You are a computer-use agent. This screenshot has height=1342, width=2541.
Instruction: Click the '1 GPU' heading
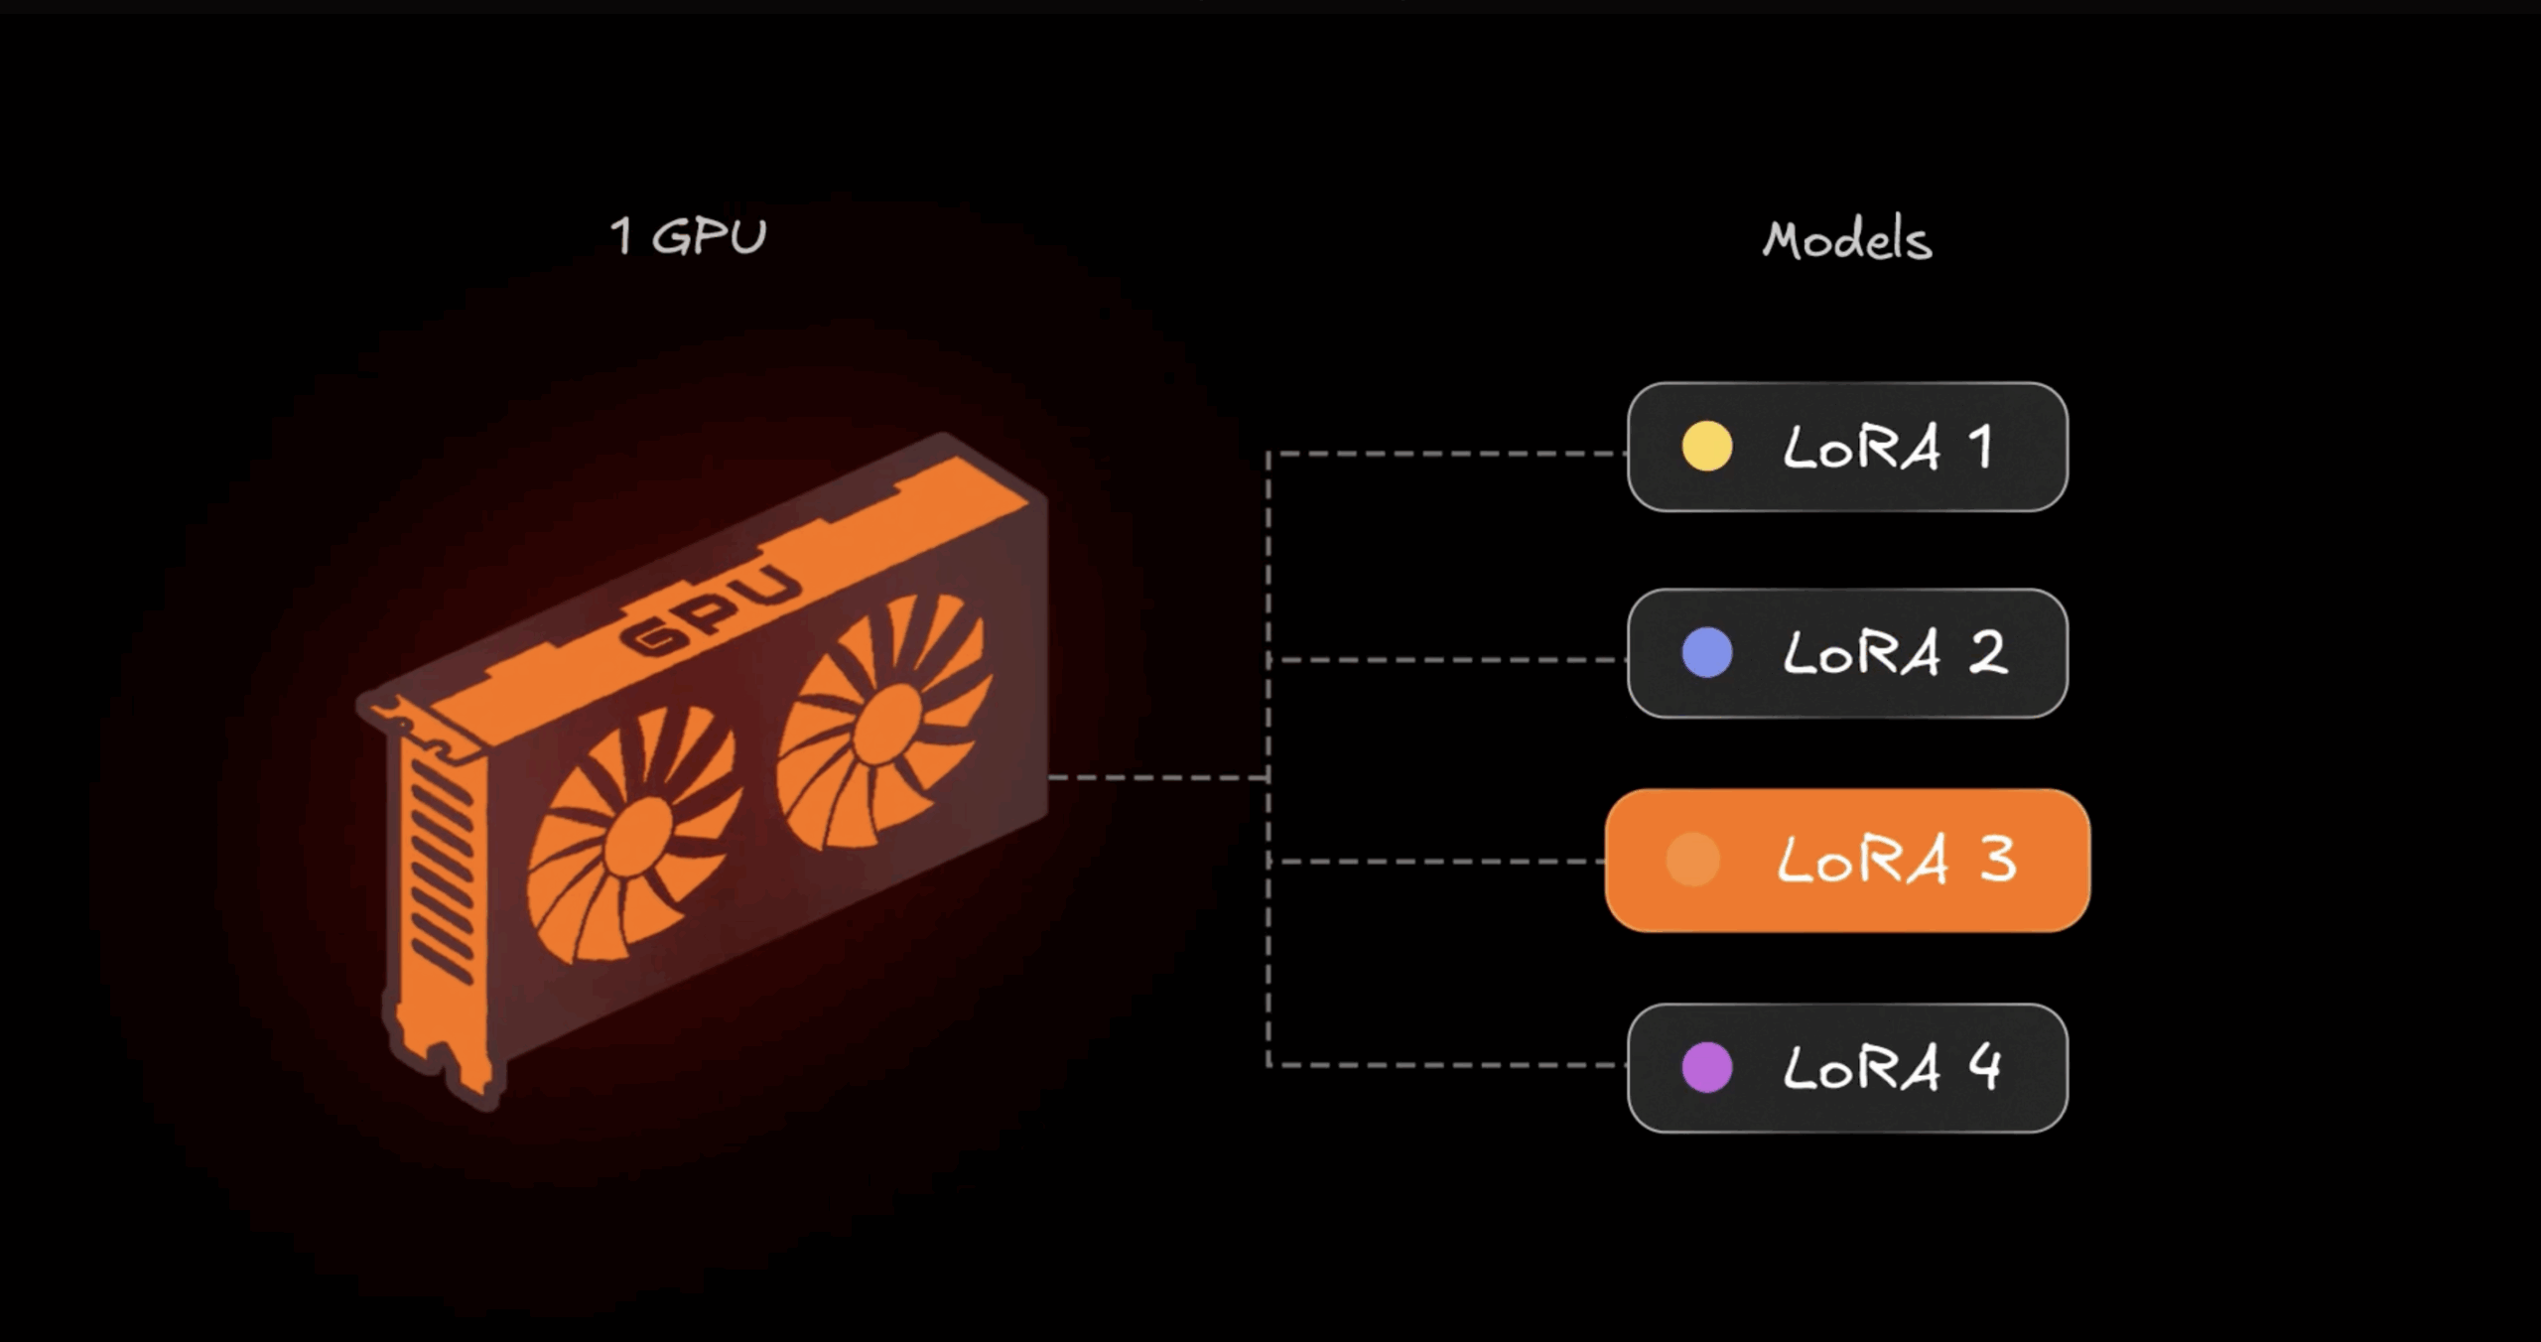(688, 236)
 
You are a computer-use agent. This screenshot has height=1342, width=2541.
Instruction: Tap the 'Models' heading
(1846, 240)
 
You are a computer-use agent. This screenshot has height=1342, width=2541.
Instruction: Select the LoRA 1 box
(1846, 447)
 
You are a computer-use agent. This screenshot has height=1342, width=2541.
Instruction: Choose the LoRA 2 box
(1846, 653)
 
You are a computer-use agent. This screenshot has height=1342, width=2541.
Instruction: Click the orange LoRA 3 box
(1846, 860)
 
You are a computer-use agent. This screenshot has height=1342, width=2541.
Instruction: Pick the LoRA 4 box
(1846, 1068)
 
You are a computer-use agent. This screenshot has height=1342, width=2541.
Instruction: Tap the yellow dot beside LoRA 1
(1707, 447)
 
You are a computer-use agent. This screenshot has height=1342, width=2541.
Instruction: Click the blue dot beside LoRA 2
(1707, 653)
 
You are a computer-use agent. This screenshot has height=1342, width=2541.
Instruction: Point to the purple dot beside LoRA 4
(1707, 1068)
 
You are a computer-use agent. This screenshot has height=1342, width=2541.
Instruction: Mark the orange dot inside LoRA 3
(1693, 860)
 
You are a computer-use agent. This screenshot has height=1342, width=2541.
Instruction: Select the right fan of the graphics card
(883, 723)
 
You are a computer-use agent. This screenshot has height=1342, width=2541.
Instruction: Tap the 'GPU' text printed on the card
(711, 610)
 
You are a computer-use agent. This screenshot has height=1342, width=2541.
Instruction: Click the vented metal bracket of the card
(442, 873)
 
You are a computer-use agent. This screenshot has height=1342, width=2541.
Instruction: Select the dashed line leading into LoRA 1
(1449, 454)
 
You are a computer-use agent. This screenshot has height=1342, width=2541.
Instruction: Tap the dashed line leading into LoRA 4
(1449, 1065)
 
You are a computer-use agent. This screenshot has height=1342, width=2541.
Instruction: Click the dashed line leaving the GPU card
(1156, 777)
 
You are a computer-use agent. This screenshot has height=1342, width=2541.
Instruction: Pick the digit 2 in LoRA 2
(1988, 653)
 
